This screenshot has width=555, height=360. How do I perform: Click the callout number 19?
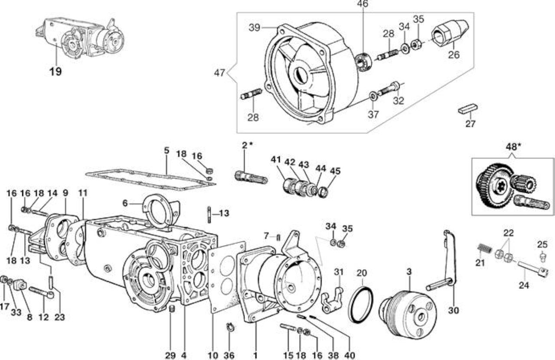(x=56, y=71)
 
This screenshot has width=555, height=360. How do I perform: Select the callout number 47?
(x=219, y=73)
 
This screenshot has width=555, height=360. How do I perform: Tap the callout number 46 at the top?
(x=362, y=4)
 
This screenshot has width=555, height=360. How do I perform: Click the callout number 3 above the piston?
(x=409, y=272)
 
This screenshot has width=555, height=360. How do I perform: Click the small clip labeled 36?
(x=231, y=328)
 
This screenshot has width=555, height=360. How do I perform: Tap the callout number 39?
(x=255, y=28)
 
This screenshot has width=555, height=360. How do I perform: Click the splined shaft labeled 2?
(x=251, y=178)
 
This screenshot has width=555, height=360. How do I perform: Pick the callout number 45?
(x=335, y=171)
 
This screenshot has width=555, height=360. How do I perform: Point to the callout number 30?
(x=454, y=310)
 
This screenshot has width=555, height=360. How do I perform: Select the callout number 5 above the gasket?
(x=166, y=150)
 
